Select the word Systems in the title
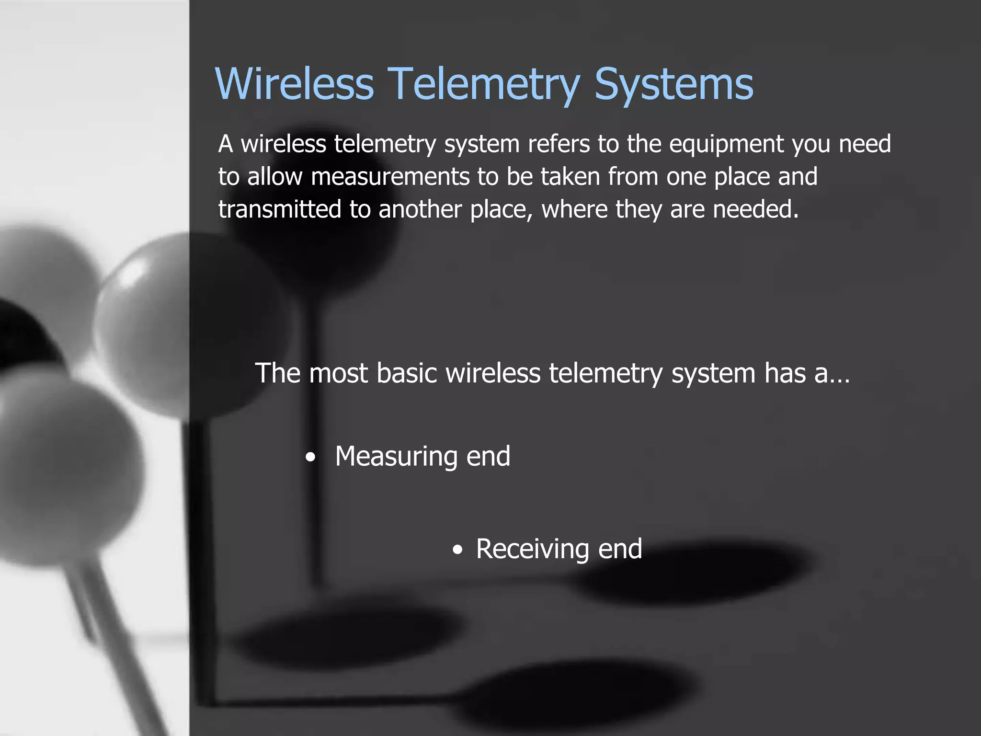(673, 84)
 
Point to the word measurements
(390, 177)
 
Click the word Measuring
(396, 456)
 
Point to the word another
(420, 209)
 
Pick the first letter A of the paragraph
(226, 144)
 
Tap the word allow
(275, 176)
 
